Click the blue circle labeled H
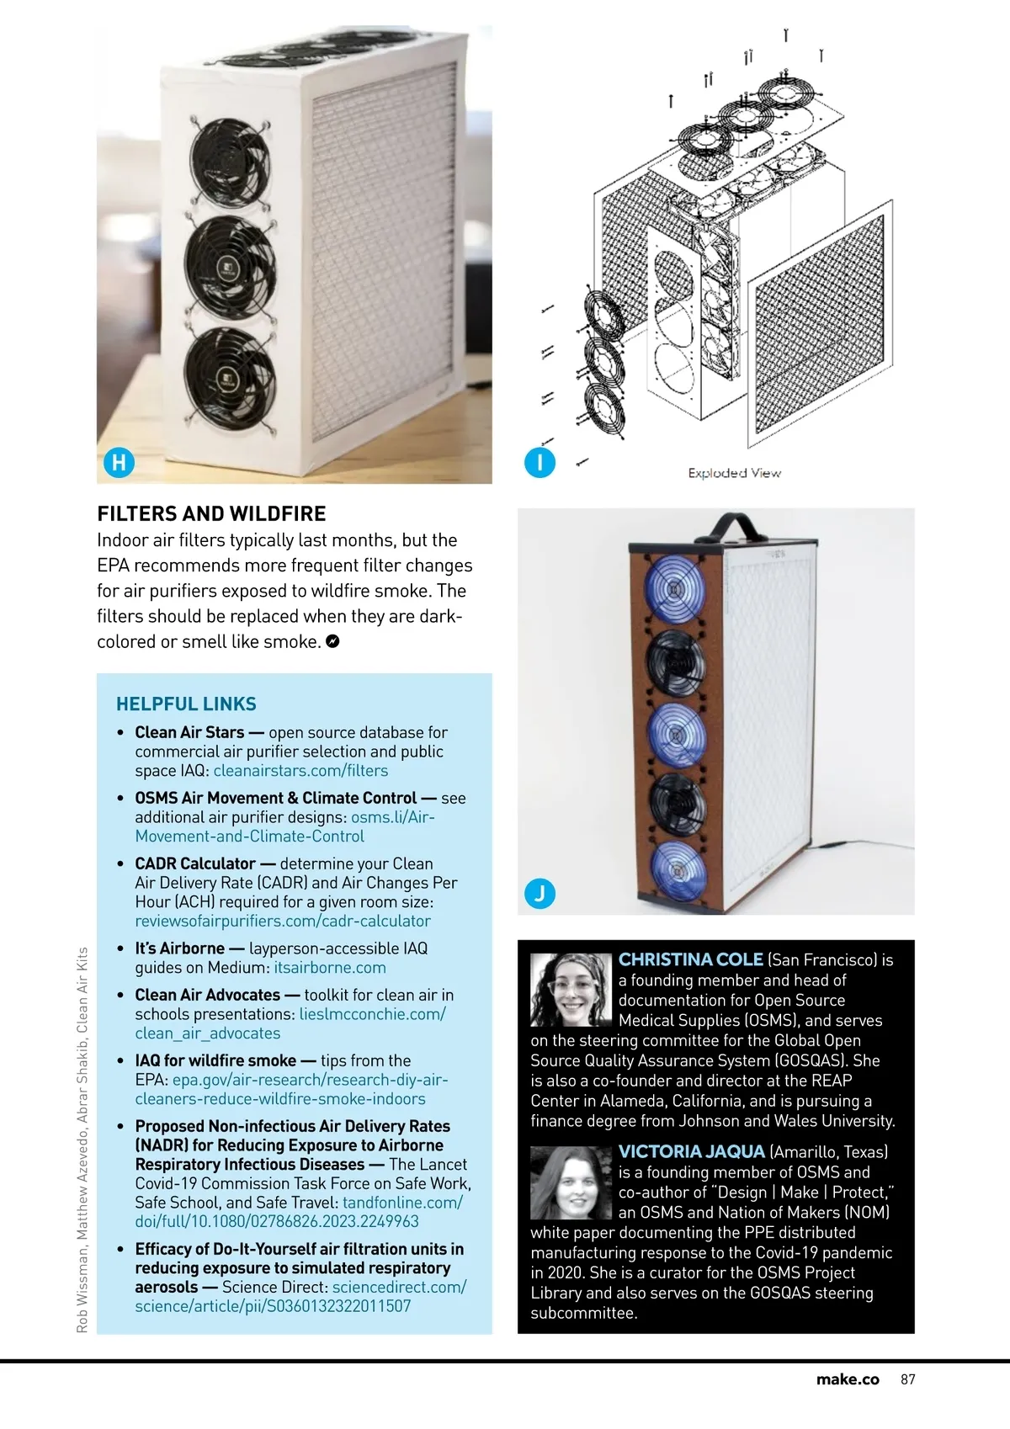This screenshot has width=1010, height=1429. [x=119, y=461]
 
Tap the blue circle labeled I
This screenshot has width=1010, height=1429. [x=540, y=462]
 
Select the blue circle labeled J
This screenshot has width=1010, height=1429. [x=540, y=893]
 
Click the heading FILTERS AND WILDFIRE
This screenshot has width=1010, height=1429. [x=211, y=513]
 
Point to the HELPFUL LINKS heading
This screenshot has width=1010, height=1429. [x=186, y=704]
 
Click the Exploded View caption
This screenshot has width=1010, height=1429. [x=734, y=473]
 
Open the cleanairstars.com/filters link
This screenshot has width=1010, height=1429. [x=300, y=770]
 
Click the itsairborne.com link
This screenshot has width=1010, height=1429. [x=330, y=967]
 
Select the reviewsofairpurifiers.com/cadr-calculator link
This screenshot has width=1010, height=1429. [x=283, y=921]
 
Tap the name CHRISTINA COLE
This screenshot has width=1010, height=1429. [x=690, y=959]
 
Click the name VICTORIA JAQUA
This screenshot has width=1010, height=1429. [x=691, y=1151]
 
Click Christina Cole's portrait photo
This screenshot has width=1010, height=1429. [x=571, y=990]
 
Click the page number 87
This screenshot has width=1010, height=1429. [x=907, y=1379]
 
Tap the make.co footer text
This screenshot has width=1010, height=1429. [x=848, y=1379]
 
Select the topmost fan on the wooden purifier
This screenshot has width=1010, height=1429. [x=675, y=589]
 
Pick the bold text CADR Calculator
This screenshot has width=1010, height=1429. [x=195, y=863]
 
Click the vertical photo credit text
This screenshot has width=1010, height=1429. [x=82, y=1140]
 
